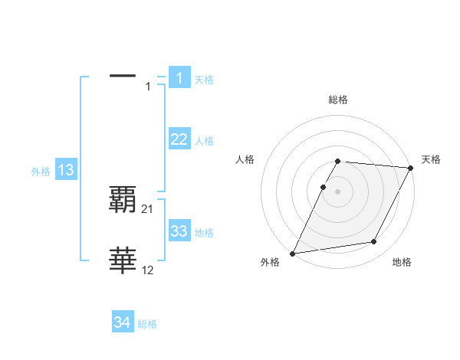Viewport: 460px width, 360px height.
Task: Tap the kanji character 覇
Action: pyautogui.click(x=123, y=200)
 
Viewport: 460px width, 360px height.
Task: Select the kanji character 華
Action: pyautogui.click(x=123, y=261)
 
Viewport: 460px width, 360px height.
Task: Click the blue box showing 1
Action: pyautogui.click(x=179, y=78)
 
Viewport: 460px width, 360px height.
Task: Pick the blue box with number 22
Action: pyautogui.click(x=179, y=139)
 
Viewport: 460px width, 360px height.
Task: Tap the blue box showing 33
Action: pyautogui.click(x=179, y=231)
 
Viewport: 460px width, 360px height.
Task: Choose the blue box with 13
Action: pyautogui.click(x=66, y=171)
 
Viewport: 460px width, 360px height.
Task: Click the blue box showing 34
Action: pyautogui.click(x=123, y=323)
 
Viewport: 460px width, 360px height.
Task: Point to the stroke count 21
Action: pyautogui.click(x=148, y=208)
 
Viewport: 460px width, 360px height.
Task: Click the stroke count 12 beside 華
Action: pyautogui.click(x=148, y=270)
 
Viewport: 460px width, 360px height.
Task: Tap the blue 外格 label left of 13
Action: pyautogui.click(x=41, y=172)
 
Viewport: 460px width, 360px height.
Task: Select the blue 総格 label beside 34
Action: pyautogui.click(x=147, y=324)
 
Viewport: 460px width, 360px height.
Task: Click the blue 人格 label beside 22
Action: pyautogui.click(x=204, y=141)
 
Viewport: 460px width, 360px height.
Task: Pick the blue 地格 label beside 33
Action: pyautogui.click(x=204, y=233)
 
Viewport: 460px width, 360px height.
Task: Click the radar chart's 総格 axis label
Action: pyautogui.click(x=337, y=100)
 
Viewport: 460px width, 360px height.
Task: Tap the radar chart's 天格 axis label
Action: pyautogui.click(x=431, y=159)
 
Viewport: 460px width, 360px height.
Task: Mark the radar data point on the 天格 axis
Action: pyautogui.click(x=410, y=168)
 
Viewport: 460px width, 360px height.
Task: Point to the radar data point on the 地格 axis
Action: pyautogui.click(x=374, y=242)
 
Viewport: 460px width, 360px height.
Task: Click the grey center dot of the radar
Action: pyautogui.click(x=337, y=191)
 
